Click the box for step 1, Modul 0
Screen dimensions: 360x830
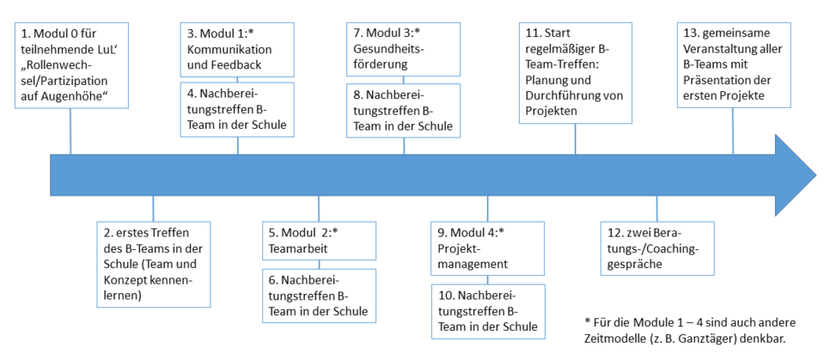coord(71,64)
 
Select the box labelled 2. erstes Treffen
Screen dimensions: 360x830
coord(153,263)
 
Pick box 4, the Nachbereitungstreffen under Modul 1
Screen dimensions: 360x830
coord(236,108)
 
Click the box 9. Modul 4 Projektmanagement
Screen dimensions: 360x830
coord(487,247)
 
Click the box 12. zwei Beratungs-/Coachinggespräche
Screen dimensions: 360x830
coord(657,247)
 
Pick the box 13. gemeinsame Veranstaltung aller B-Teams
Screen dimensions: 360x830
coord(732,64)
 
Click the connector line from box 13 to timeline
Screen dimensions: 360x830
coord(733,131)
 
